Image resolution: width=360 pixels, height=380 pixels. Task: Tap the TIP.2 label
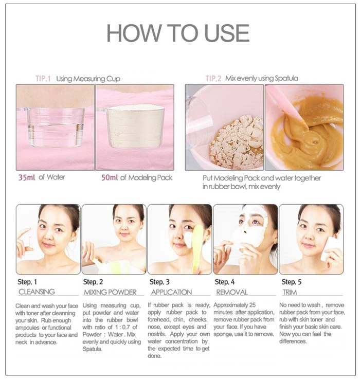coord(213,79)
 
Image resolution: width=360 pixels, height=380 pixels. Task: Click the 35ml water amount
coord(26,178)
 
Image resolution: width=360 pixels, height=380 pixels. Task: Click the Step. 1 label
coord(27,282)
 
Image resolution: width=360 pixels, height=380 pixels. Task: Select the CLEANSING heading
coord(37,292)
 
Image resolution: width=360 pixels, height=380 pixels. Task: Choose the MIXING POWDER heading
coord(110,292)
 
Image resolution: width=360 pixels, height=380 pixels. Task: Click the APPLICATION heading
coord(171,292)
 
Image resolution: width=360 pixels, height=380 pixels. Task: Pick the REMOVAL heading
coord(232,292)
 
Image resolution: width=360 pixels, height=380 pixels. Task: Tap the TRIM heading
coord(290,292)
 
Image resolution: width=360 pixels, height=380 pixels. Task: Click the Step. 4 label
coord(225,282)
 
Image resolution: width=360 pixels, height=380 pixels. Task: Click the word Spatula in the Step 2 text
coord(93,349)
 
